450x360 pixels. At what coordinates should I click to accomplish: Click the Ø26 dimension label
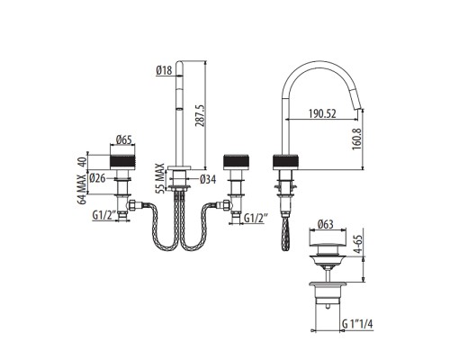pos(101,178)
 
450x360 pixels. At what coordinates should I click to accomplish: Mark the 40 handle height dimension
pos(82,161)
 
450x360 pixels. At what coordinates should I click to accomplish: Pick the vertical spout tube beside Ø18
pos(180,117)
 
